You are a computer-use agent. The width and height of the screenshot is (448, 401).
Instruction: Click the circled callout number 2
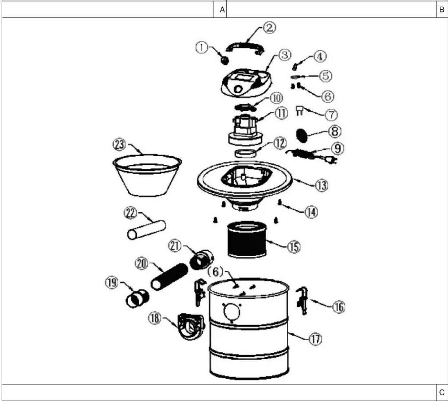269,28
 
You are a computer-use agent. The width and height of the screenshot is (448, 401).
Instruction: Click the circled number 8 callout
335,131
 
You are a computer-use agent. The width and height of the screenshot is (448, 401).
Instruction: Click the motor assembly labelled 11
245,131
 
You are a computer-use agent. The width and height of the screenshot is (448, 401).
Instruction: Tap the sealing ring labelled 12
245,153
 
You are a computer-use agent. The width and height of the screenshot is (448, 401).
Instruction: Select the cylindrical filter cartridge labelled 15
247,240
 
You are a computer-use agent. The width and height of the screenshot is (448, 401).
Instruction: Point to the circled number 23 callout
119,145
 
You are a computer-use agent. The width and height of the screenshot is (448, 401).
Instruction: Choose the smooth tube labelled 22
147,230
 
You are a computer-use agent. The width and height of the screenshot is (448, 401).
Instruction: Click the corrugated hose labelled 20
169,276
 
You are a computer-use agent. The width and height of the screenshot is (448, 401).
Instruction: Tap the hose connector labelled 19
137,298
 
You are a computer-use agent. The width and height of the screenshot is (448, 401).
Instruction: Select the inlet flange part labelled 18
191,327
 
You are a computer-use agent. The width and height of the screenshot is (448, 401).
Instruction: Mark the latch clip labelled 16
302,301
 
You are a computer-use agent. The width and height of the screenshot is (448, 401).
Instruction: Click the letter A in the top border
222,10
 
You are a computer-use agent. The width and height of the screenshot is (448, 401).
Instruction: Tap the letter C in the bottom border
442,393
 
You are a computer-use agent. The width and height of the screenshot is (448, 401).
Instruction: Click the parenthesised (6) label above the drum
216,272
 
